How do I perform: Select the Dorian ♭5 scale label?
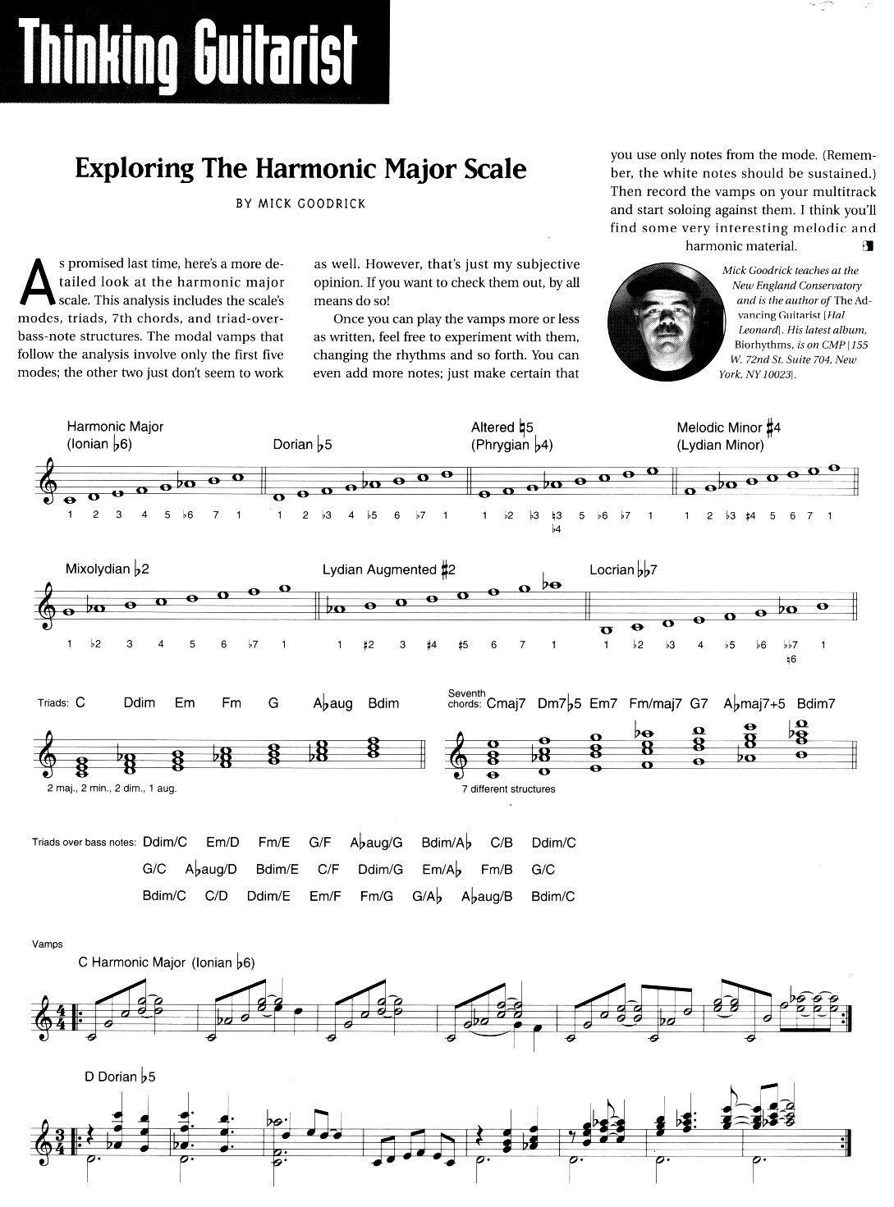302,445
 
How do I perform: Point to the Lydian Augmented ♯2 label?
388,569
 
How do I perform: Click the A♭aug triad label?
332,703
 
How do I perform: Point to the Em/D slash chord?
222,842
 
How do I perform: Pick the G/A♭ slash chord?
427,896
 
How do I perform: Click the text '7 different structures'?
508,789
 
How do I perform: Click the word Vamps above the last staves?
48,944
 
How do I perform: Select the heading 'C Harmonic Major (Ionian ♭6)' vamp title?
167,962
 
